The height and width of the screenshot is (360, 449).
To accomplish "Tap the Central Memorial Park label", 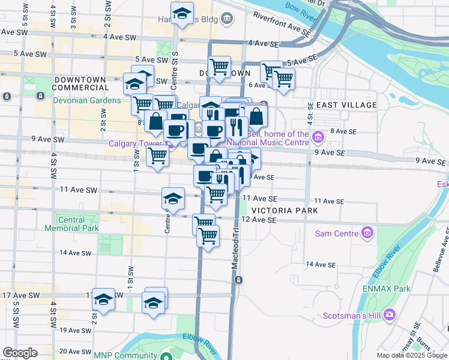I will (71, 224).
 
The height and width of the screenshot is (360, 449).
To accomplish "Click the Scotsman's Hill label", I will (352, 314).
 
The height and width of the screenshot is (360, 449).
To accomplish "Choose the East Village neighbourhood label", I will (346, 105).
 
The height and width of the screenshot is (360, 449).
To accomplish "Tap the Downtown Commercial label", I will (80, 83).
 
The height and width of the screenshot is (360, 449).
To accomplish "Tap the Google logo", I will (20, 353).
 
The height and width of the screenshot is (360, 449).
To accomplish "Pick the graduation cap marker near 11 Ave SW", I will (173, 197).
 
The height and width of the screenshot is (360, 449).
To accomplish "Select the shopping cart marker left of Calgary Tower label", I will (157, 157).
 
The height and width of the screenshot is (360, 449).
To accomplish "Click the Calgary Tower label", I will (137, 143).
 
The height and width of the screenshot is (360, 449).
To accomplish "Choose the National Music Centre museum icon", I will (318, 139).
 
